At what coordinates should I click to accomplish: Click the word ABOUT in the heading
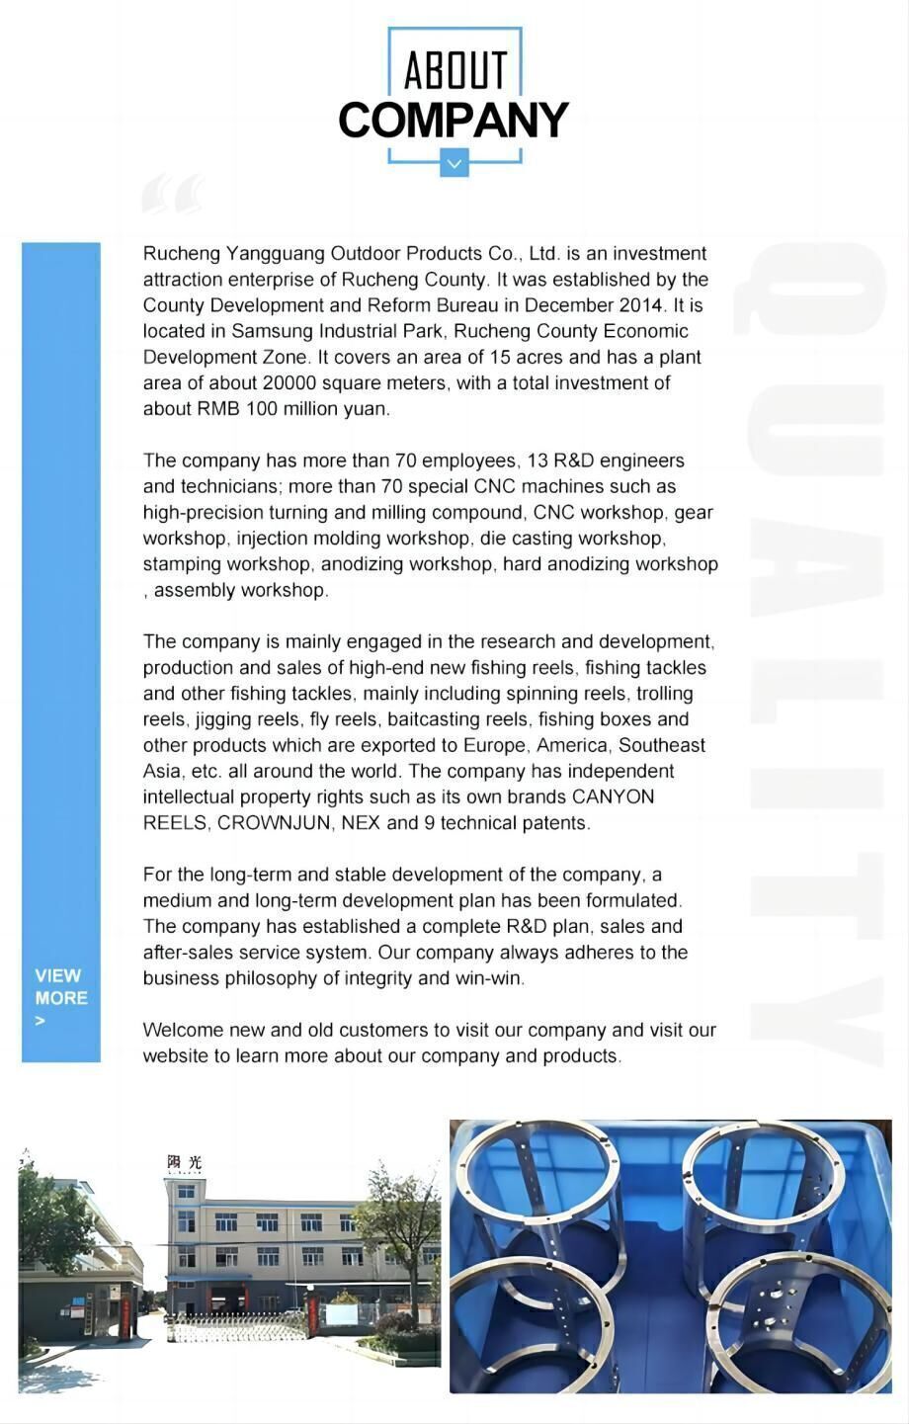tap(454, 71)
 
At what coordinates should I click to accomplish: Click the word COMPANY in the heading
tap(454, 121)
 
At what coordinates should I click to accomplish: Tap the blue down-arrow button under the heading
tap(454, 163)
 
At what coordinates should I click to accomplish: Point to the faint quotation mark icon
tap(173, 194)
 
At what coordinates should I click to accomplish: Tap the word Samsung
tap(267, 331)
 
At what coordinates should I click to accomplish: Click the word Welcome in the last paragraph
tap(183, 1030)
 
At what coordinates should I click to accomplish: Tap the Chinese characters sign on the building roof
tap(184, 1162)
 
